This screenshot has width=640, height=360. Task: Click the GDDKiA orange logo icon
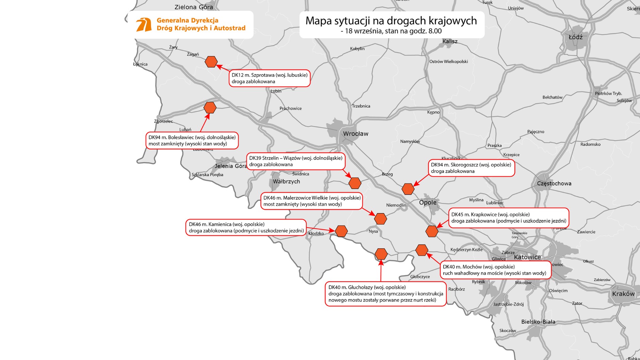point(144,25)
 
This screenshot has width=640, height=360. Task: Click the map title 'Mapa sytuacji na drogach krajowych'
point(391,20)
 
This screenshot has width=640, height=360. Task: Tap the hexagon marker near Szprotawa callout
point(211,62)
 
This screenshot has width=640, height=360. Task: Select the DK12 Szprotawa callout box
point(269,78)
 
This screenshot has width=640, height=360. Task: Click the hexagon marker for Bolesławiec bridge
point(210,108)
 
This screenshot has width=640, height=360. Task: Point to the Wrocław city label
point(355,134)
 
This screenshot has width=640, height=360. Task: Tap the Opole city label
point(428,202)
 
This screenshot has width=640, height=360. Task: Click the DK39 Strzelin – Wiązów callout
point(295,161)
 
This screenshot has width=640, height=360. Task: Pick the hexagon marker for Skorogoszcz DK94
point(408,189)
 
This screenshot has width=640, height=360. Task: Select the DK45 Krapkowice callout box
point(509,218)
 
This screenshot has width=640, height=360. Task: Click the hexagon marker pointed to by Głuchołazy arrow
point(381,254)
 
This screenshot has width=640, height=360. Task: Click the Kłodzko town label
point(316,233)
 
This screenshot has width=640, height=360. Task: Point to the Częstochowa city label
point(554,183)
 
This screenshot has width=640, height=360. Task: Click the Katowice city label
point(527,257)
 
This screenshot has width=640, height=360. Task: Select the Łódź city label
point(576,37)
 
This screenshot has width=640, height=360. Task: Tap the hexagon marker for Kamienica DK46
point(341,231)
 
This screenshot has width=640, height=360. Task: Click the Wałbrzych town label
point(286,181)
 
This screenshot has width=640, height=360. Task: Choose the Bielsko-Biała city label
point(538,322)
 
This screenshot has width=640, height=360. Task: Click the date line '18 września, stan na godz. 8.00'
point(391,31)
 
